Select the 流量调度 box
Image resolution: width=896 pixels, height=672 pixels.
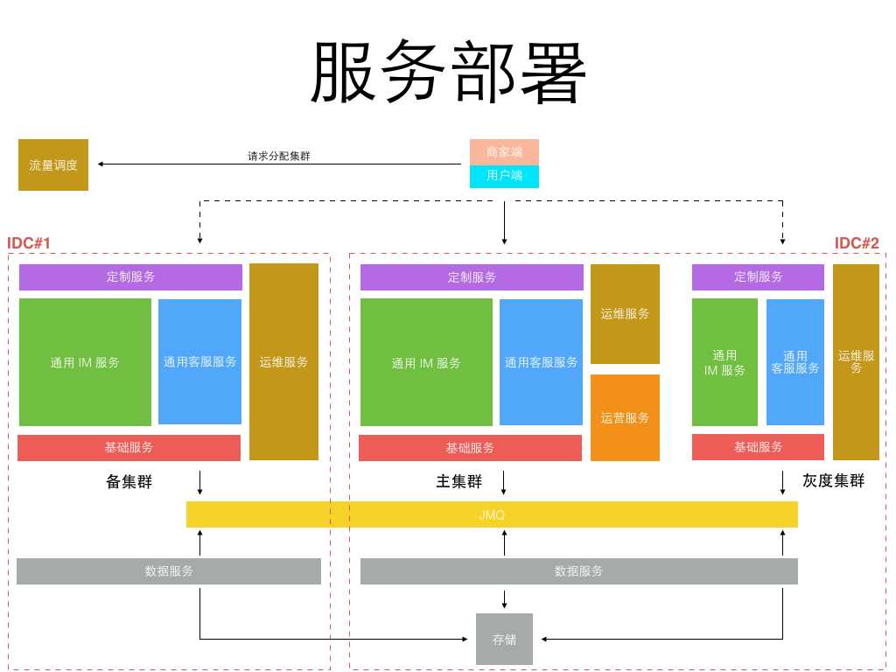click(x=53, y=164)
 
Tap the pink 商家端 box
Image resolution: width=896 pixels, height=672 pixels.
click(x=504, y=151)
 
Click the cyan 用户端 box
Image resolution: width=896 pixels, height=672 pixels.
click(x=504, y=176)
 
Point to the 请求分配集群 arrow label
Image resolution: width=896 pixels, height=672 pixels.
click(x=279, y=157)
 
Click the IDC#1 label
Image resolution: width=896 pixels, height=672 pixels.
click(x=30, y=242)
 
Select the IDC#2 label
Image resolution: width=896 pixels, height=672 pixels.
click(x=857, y=242)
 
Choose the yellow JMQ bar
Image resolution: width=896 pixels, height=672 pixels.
click(x=492, y=514)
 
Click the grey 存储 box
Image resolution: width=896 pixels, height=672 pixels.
click(x=504, y=639)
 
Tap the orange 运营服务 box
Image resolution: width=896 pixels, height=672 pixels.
click(x=625, y=417)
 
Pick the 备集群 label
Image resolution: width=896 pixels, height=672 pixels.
click(x=129, y=481)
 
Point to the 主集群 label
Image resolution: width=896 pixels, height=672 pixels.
click(x=459, y=481)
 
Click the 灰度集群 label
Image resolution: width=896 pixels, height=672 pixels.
click(x=833, y=480)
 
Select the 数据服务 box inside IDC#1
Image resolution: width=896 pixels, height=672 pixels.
click(x=169, y=571)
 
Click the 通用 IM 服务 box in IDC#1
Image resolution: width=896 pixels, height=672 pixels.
click(x=85, y=362)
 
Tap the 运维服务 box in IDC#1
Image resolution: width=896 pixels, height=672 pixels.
click(x=283, y=361)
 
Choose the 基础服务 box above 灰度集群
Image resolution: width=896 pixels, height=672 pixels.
click(x=758, y=446)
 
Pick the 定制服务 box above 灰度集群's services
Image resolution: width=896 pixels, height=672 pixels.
click(x=758, y=276)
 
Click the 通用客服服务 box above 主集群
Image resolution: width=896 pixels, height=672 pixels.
click(x=541, y=361)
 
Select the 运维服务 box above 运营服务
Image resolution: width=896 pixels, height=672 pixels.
click(x=625, y=313)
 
